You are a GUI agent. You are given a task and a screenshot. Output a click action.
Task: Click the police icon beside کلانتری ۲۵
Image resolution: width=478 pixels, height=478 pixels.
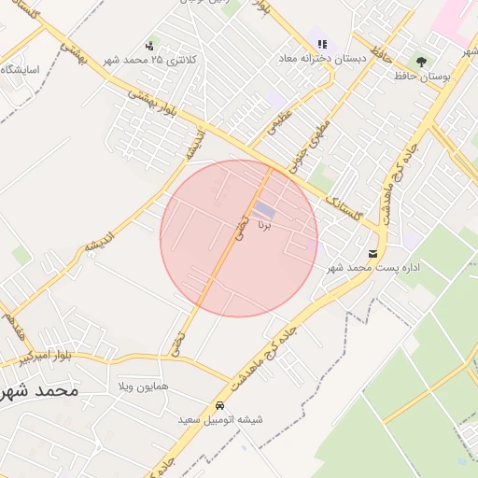click(149, 46)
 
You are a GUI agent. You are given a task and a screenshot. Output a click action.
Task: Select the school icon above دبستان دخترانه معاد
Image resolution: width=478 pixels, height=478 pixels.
click(322, 44)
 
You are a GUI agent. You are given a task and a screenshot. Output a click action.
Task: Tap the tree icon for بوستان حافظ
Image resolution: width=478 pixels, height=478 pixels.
click(422, 62)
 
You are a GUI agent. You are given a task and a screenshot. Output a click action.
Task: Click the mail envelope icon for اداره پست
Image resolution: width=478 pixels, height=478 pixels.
click(373, 254)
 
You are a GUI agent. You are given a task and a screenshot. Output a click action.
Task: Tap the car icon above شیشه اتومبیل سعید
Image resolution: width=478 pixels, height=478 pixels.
click(219, 406)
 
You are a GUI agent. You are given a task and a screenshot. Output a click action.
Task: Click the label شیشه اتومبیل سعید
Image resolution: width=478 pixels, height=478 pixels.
click(221, 421)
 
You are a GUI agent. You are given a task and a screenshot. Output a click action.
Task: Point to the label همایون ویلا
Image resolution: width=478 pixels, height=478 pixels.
click(142, 386)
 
